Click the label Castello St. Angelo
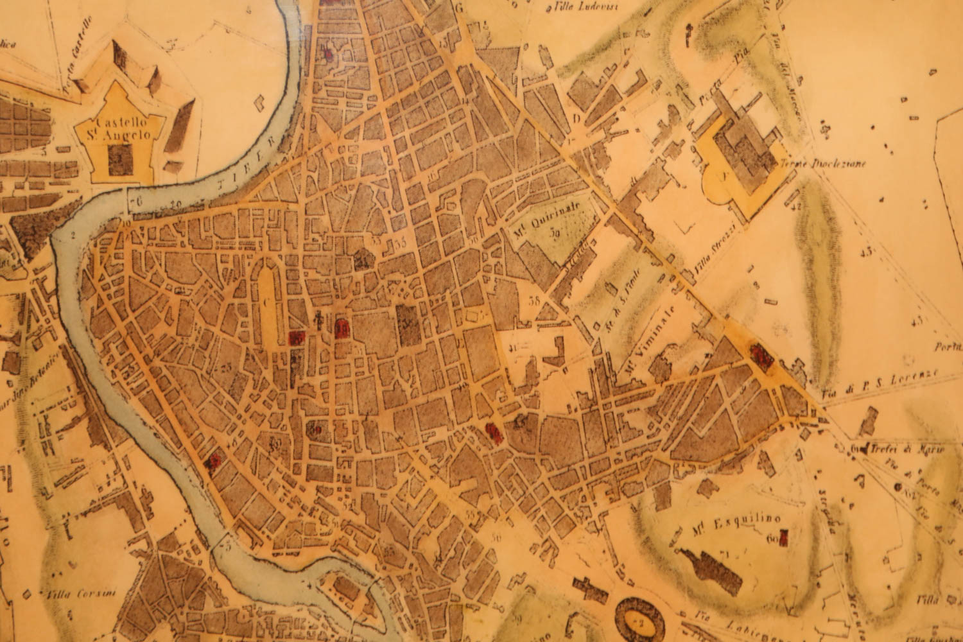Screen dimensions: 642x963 [x=122, y=128]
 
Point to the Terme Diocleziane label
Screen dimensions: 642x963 [x=824, y=164]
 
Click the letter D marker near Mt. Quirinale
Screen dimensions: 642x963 [x=577, y=117]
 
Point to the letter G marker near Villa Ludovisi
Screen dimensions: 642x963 [x=458, y=8]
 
